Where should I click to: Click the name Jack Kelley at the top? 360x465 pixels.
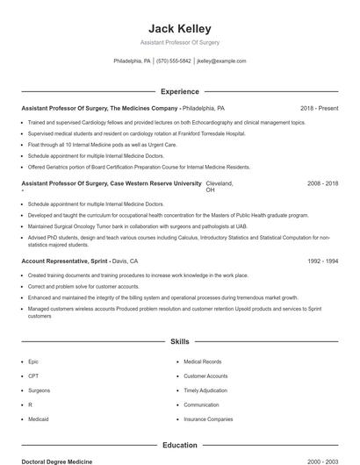point(179,28)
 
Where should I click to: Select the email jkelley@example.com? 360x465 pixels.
point(221,61)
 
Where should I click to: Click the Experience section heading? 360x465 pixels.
point(179,91)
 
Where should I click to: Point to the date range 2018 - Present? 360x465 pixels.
point(319,108)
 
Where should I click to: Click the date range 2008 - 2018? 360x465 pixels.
point(322,183)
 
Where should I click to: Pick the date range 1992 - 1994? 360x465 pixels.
point(322,261)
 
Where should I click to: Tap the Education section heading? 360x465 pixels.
point(179,445)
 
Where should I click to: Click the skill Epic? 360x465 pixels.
point(33,361)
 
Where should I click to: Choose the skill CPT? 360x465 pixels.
point(33,376)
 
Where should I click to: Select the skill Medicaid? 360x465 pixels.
point(38,419)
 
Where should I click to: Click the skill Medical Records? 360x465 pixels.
point(202,361)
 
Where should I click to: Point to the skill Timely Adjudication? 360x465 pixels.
point(205,390)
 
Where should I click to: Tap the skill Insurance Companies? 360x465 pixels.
point(208,419)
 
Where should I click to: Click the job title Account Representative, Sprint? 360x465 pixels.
point(64,261)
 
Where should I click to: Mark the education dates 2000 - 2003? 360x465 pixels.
point(322,461)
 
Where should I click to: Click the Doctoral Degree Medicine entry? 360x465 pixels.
point(56,461)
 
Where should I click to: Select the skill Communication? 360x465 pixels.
point(201,404)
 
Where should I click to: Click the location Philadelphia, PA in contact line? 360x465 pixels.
point(133,61)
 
